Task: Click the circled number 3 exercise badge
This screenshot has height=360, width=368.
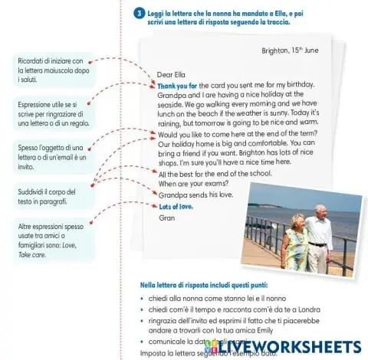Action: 137,13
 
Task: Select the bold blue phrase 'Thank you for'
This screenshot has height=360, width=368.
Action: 177,85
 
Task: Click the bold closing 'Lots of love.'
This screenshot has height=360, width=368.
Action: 176,207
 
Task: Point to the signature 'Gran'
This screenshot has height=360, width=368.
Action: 166,218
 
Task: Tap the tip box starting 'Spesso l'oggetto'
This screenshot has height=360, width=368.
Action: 53,155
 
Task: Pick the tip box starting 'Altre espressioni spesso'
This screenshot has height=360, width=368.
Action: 53,237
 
